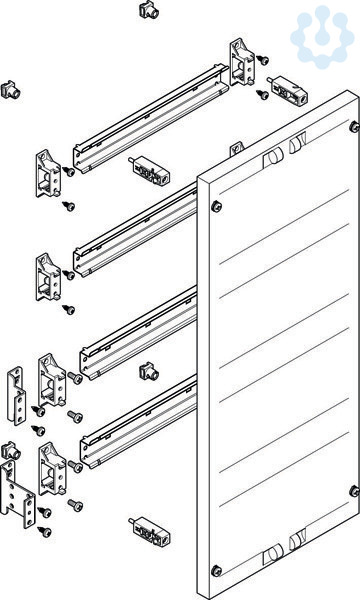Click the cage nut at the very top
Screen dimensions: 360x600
149,10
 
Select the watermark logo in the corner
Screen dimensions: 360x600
322,37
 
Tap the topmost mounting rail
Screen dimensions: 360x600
151,119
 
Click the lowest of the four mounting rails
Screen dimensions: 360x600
138,421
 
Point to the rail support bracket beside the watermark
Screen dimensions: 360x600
242,62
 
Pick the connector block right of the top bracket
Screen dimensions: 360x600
287,92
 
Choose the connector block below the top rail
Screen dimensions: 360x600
149,170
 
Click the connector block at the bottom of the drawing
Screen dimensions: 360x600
150,531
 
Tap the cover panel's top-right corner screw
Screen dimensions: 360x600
354,127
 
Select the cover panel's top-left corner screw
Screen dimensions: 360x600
216,206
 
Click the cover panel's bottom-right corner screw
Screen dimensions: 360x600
354,491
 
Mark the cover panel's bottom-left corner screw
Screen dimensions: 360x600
216,571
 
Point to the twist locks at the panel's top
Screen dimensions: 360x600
285,150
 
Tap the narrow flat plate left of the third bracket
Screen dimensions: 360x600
16,396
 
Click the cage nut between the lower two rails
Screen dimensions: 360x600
149,372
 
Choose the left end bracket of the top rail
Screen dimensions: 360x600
49,173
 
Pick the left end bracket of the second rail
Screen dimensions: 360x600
49,277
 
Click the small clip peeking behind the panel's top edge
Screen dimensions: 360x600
236,148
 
